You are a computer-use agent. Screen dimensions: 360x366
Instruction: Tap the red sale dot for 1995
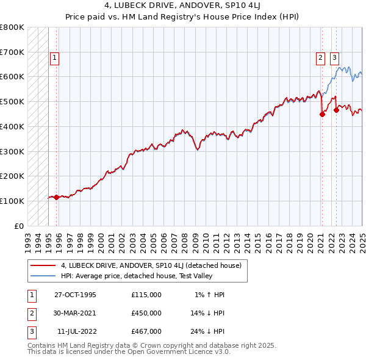coord(57,197)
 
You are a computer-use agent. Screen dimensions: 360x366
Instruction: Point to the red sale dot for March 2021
coord(322,113)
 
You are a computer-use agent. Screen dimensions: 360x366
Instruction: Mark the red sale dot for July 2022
coord(336,110)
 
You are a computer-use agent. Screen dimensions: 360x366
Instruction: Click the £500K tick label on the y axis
coord(12,101)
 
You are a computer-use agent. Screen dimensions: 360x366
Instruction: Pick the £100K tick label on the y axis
coord(12,201)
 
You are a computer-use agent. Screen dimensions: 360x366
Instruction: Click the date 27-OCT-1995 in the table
coord(76,295)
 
